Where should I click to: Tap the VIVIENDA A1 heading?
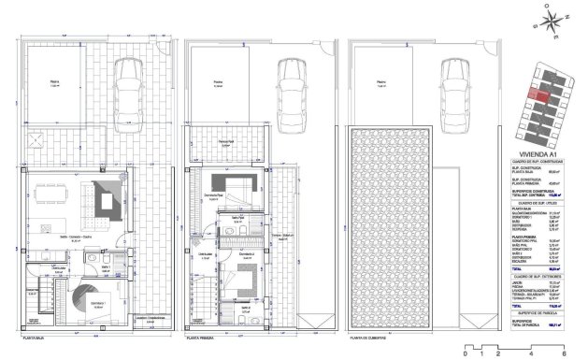[x=542, y=158]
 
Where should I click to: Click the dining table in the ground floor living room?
[x=54, y=197]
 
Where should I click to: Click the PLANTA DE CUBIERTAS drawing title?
[x=368, y=340]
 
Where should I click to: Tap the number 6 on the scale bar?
[x=576, y=353]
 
